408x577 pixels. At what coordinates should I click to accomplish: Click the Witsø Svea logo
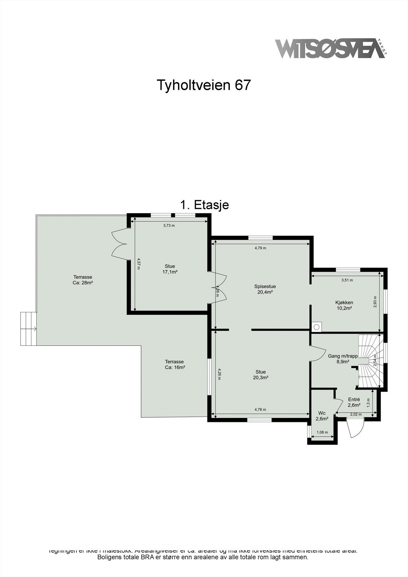[329, 49]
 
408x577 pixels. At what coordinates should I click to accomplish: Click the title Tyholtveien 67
[203, 85]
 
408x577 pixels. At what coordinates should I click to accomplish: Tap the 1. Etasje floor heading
[205, 205]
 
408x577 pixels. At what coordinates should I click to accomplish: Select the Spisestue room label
[265, 289]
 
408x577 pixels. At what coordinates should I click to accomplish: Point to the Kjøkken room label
[344, 305]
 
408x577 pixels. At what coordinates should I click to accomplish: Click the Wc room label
[322, 416]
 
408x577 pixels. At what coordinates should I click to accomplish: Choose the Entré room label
[354, 402]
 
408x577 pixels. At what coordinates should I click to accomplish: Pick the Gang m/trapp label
[343, 358]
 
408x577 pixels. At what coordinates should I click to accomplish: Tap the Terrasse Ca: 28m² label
[83, 280]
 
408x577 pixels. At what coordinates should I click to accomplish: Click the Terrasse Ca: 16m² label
[174, 364]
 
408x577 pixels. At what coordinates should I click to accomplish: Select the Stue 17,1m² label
[170, 269]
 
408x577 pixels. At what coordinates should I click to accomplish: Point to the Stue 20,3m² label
[260, 375]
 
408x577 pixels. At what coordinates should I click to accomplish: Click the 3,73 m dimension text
[169, 225]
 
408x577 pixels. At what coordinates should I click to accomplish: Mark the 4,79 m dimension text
[260, 248]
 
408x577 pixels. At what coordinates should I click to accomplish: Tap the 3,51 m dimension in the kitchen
[347, 280]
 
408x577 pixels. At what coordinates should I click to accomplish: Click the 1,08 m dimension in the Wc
[322, 432]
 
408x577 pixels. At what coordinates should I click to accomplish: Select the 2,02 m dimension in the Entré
[356, 414]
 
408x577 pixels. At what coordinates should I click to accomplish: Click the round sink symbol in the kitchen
[317, 327]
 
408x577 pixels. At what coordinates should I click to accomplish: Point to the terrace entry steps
[28, 329]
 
